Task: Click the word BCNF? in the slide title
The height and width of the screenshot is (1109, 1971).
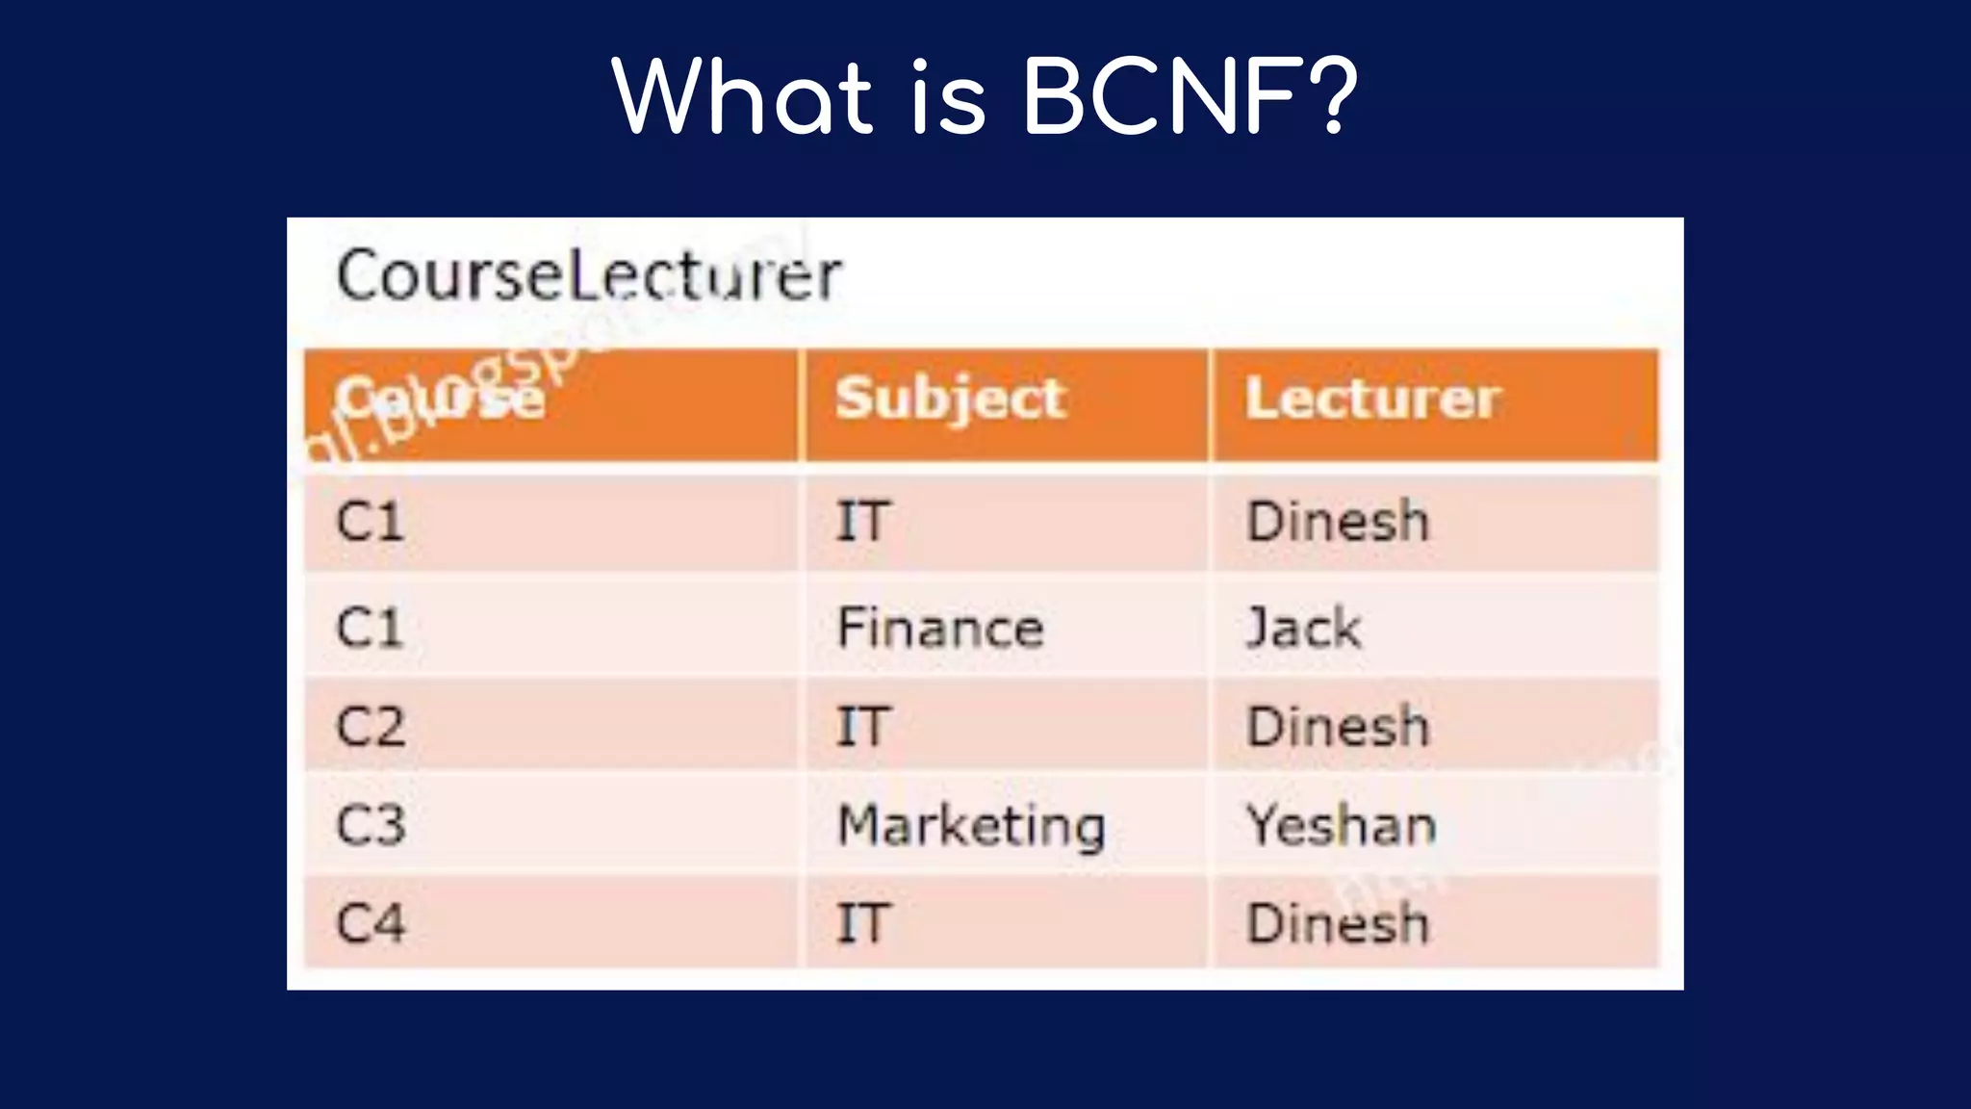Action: coord(1190,96)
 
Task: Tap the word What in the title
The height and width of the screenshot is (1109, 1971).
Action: coord(742,96)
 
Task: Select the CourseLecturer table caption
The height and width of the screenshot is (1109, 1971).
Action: coord(589,276)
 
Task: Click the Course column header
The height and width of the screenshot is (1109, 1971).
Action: coord(441,399)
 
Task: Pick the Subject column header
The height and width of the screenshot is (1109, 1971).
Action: coord(951,399)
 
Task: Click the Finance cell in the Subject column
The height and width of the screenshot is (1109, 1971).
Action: coord(940,628)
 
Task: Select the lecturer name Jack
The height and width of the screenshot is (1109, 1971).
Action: coord(1304,628)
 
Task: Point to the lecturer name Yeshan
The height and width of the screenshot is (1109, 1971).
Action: coord(1342,826)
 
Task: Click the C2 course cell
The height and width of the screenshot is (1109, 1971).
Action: coord(371,726)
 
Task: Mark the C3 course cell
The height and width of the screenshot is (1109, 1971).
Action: coord(371,826)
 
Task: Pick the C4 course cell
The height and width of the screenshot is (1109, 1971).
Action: coord(371,923)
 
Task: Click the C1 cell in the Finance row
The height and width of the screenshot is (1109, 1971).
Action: coord(369,628)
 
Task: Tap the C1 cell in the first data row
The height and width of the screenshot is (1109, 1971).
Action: coord(369,522)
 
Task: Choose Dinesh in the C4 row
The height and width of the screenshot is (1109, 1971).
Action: coord(1338,923)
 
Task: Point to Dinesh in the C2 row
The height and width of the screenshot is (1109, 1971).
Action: coord(1338,726)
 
